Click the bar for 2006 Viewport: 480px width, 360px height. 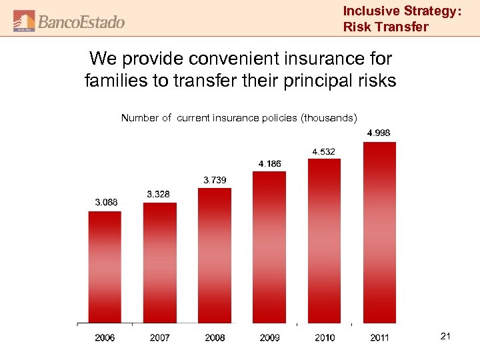point(105,267)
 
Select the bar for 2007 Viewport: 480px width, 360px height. point(160,263)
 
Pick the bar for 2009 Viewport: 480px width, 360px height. point(269,247)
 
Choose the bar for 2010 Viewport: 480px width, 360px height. point(324,241)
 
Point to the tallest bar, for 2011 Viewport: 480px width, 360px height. point(379,233)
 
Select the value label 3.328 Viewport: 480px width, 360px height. point(158,194)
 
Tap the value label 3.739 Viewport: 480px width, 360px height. point(214,179)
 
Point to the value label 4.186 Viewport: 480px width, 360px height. point(269,163)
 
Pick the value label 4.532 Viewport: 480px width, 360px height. point(323,151)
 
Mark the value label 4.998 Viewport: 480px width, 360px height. point(379,133)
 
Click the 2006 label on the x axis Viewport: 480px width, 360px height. point(105,338)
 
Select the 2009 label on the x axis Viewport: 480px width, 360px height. point(269,338)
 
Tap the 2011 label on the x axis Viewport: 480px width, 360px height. point(379,338)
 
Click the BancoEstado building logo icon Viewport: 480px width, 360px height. point(24,21)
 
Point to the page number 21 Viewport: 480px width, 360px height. point(445,337)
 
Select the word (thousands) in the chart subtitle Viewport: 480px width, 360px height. point(329,118)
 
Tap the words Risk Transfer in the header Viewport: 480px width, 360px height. point(385,27)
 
